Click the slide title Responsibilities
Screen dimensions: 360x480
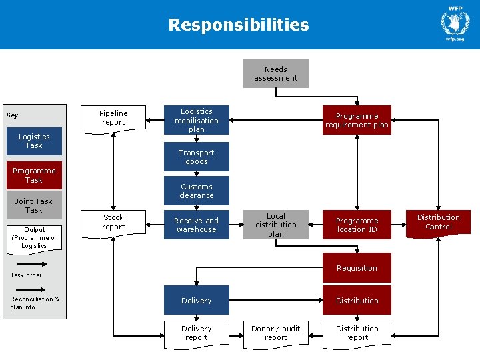click(x=239, y=25)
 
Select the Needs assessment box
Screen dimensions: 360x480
click(x=276, y=73)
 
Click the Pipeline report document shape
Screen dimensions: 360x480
click(x=113, y=119)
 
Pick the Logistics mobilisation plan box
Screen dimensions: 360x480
click(x=197, y=121)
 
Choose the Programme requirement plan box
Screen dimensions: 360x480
click(x=357, y=121)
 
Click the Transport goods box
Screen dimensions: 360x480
click(x=197, y=157)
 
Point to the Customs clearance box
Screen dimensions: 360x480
click(x=197, y=191)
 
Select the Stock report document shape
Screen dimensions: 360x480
click(x=113, y=223)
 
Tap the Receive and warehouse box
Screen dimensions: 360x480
click(x=197, y=225)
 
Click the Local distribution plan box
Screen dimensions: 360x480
click(x=276, y=225)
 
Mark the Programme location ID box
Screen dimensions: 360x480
click(x=357, y=225)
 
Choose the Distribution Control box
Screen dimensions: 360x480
click(x=438, y=223)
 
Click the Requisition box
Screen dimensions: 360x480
click(x=357, y=268)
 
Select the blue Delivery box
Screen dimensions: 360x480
click(x=197, y=300)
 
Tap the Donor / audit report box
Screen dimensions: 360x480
click(x=276, y=333)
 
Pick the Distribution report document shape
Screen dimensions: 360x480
click(x=357, y=333)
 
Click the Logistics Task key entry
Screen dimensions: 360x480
click(x=34, y=141)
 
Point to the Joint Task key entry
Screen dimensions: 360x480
click(x=34, y=205)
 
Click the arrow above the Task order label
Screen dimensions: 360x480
click(x=32, y=264)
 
